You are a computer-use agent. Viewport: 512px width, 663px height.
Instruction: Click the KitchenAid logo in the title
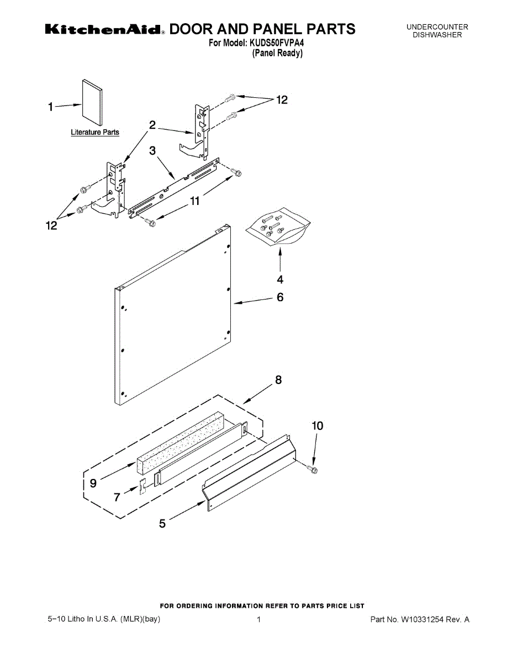103,29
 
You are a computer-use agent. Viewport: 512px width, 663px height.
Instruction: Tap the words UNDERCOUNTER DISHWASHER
437,31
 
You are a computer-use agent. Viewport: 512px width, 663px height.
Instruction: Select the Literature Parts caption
95,133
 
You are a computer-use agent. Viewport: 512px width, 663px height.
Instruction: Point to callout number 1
50,107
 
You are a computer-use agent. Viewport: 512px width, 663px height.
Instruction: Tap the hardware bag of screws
278,225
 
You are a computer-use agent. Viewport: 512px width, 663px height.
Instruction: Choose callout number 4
281,279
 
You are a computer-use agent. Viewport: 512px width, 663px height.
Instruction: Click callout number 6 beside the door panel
281,297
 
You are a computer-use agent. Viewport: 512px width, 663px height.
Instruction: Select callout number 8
278,380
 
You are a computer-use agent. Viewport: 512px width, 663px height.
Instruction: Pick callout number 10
318,426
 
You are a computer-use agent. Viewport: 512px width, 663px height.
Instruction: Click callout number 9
93,483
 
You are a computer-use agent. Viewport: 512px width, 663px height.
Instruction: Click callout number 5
162,524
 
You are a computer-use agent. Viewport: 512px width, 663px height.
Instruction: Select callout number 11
194,202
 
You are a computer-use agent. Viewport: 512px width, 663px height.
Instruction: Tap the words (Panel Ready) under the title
278,53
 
